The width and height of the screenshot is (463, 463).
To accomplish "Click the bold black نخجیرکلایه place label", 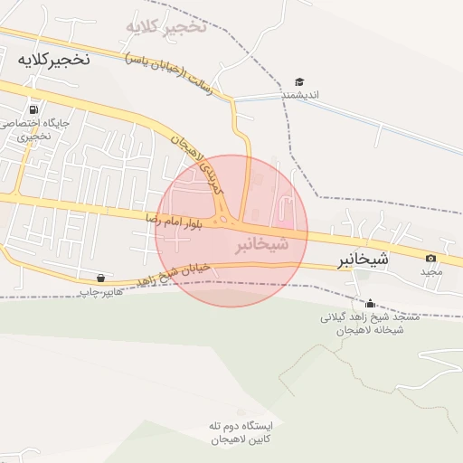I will pyautogui.click(x=53, y=59).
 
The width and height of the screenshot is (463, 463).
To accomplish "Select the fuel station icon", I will pyautogui.click(x=34, y=107).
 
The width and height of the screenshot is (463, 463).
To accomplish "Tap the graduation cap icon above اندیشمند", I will pyautogui.click(x=299, y=81).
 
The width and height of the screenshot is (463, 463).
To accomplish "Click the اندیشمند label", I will pyautogui.click(x=299, y=95).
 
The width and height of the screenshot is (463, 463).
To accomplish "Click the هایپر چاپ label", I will pyautogui.click(x=99, y=292).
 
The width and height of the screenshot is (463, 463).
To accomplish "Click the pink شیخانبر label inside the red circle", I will pyautogui.click(x=262, y=245).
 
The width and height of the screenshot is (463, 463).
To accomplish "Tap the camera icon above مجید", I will pyautogui.click(x=430, y=259).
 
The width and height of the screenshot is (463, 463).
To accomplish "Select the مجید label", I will pyautogui.click(x=430, y=271).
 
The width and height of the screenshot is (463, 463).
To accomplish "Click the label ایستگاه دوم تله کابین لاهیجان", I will pyautogui.click(x=233, y=432).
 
